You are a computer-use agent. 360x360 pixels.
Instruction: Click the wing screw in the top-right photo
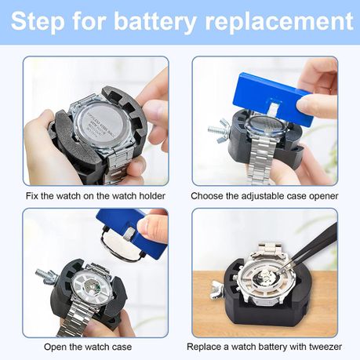click(x=218, y=128)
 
